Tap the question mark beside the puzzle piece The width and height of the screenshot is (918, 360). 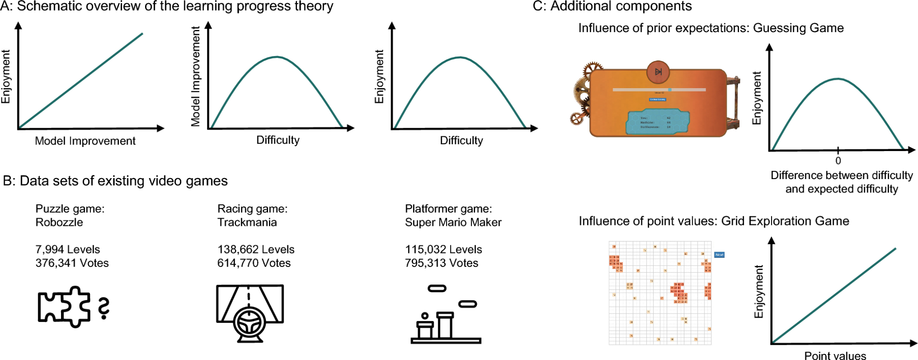tap(104, 308)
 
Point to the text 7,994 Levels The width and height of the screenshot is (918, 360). tap(67, 249)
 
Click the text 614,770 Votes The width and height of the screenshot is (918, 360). tap(254, 263)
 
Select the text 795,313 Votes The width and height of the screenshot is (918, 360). tap(441, 263)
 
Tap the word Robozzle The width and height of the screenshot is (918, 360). tap(59, 222)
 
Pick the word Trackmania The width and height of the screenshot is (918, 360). tap(247, 222)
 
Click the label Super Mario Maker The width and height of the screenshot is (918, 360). tap(453, 222)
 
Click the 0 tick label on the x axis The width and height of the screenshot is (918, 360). tap(838, 161)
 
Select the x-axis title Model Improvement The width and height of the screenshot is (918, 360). tap(85, 141)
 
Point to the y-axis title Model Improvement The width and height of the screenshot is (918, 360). tap(196, 76)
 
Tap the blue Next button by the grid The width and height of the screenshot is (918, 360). tap(719, 254)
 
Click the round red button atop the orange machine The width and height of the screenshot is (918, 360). tap(658, 72)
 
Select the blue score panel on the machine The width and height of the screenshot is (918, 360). tap(658, 122)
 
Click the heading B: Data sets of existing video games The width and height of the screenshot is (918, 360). tap(115, 181)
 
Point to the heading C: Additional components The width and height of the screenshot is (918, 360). tap(612, 6)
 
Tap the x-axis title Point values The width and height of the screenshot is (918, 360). tap(835, 355)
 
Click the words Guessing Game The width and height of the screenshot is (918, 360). tap(798, 28)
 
